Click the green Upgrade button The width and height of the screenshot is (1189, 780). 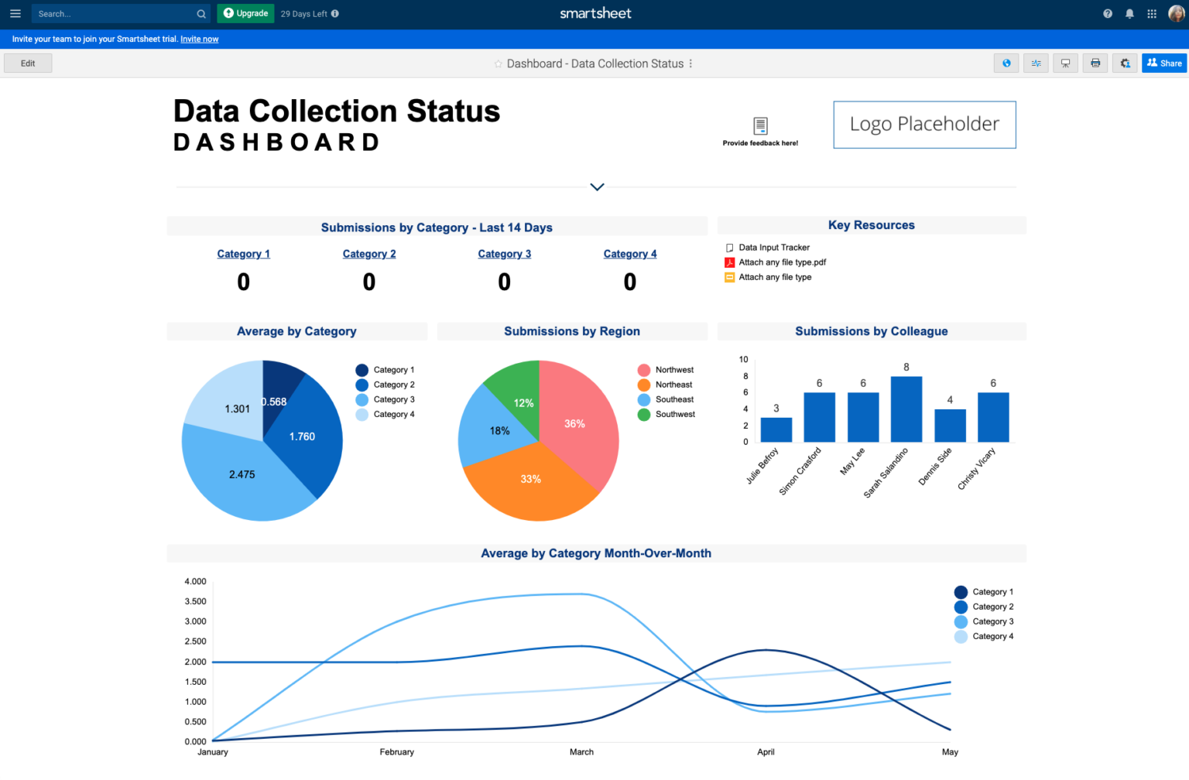pos(246,13)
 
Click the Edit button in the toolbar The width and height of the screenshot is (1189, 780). pos(28,63)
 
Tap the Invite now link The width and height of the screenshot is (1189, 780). pos(199,39)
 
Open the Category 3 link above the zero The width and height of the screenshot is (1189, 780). pos(504,254)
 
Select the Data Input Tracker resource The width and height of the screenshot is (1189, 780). pos(773,248)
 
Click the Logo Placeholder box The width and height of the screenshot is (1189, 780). pos(924,125)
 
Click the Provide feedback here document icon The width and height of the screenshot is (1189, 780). pos(760,125)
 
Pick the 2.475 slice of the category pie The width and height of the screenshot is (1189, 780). pos(242,474)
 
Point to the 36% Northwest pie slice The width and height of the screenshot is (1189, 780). pos(574,424)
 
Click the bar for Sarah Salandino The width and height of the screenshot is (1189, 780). pos(906,409)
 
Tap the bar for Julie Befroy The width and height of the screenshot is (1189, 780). pos(776,429)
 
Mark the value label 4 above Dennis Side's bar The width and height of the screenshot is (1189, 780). pos(950,400)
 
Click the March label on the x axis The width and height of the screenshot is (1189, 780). pos(581,752)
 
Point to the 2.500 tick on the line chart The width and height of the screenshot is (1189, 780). pos(195,641)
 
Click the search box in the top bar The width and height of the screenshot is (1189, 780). pos(116,14)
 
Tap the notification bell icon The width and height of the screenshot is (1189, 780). pos(1129,14)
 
